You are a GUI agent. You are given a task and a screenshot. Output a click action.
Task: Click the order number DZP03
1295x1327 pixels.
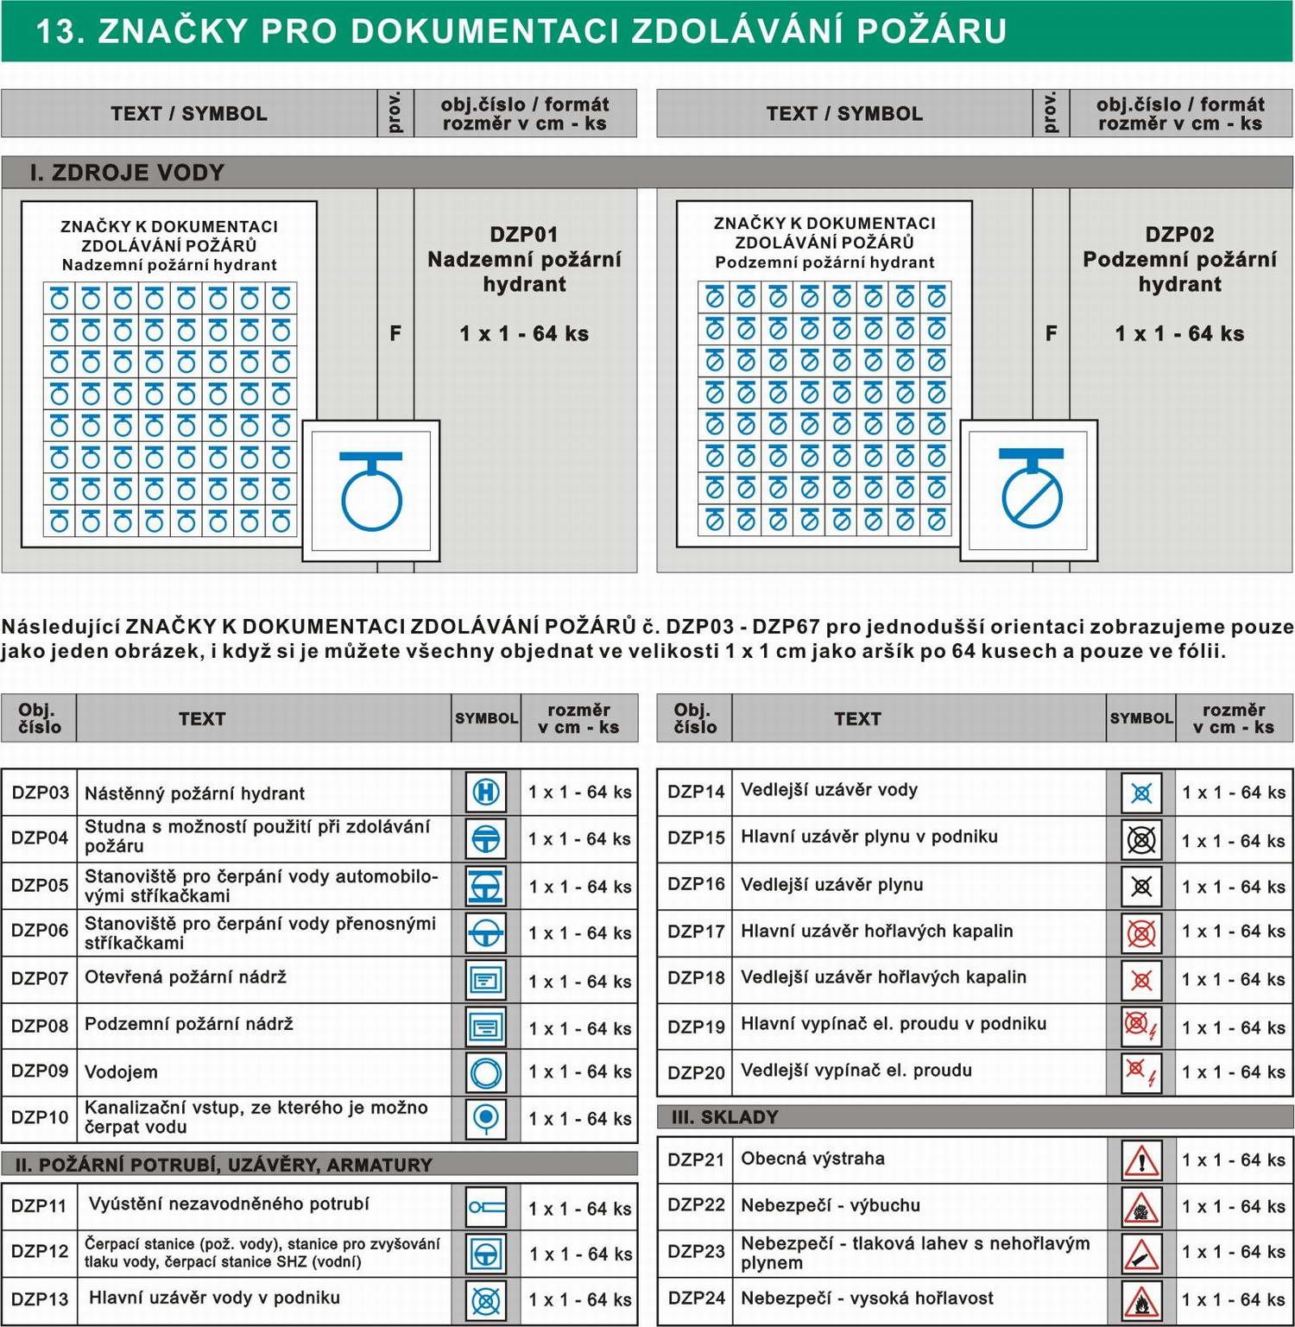pos(40,793)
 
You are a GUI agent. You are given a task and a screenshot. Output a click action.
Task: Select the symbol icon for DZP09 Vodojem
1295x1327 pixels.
pos(486,1073)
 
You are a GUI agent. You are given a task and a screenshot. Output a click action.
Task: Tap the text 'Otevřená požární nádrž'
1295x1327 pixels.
pos(186,977)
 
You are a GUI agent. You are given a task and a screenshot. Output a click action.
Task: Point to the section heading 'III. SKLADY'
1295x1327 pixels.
pos(725,1117)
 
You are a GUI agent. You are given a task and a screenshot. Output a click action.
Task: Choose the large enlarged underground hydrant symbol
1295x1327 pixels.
pos(1030,490)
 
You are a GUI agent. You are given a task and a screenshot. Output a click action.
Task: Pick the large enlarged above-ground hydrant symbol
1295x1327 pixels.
pos(371,490)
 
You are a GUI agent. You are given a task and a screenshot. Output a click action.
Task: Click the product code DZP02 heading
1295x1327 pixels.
pos(1179,235)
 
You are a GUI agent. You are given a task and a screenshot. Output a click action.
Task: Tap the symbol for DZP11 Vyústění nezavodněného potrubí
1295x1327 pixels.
pos(486,1208)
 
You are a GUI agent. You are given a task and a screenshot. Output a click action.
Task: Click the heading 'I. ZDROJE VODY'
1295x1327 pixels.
pos(127,173)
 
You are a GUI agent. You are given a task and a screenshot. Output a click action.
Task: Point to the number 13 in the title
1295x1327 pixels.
pos(60,31)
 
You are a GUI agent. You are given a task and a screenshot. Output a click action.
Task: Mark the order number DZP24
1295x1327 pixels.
pos(696,1299)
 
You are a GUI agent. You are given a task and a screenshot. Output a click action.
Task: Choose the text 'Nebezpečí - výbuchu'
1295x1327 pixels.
pos(831,1205)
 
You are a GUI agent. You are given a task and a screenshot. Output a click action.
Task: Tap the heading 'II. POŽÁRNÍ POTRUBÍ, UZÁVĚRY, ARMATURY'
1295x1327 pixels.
pos(224,1165)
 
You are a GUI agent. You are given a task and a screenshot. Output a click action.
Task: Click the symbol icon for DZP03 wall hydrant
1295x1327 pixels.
pos(486,792)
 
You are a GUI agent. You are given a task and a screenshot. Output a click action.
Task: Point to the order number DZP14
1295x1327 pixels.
pos(696,791)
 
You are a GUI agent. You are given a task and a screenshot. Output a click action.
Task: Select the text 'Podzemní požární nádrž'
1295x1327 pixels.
pos(189,1025)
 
